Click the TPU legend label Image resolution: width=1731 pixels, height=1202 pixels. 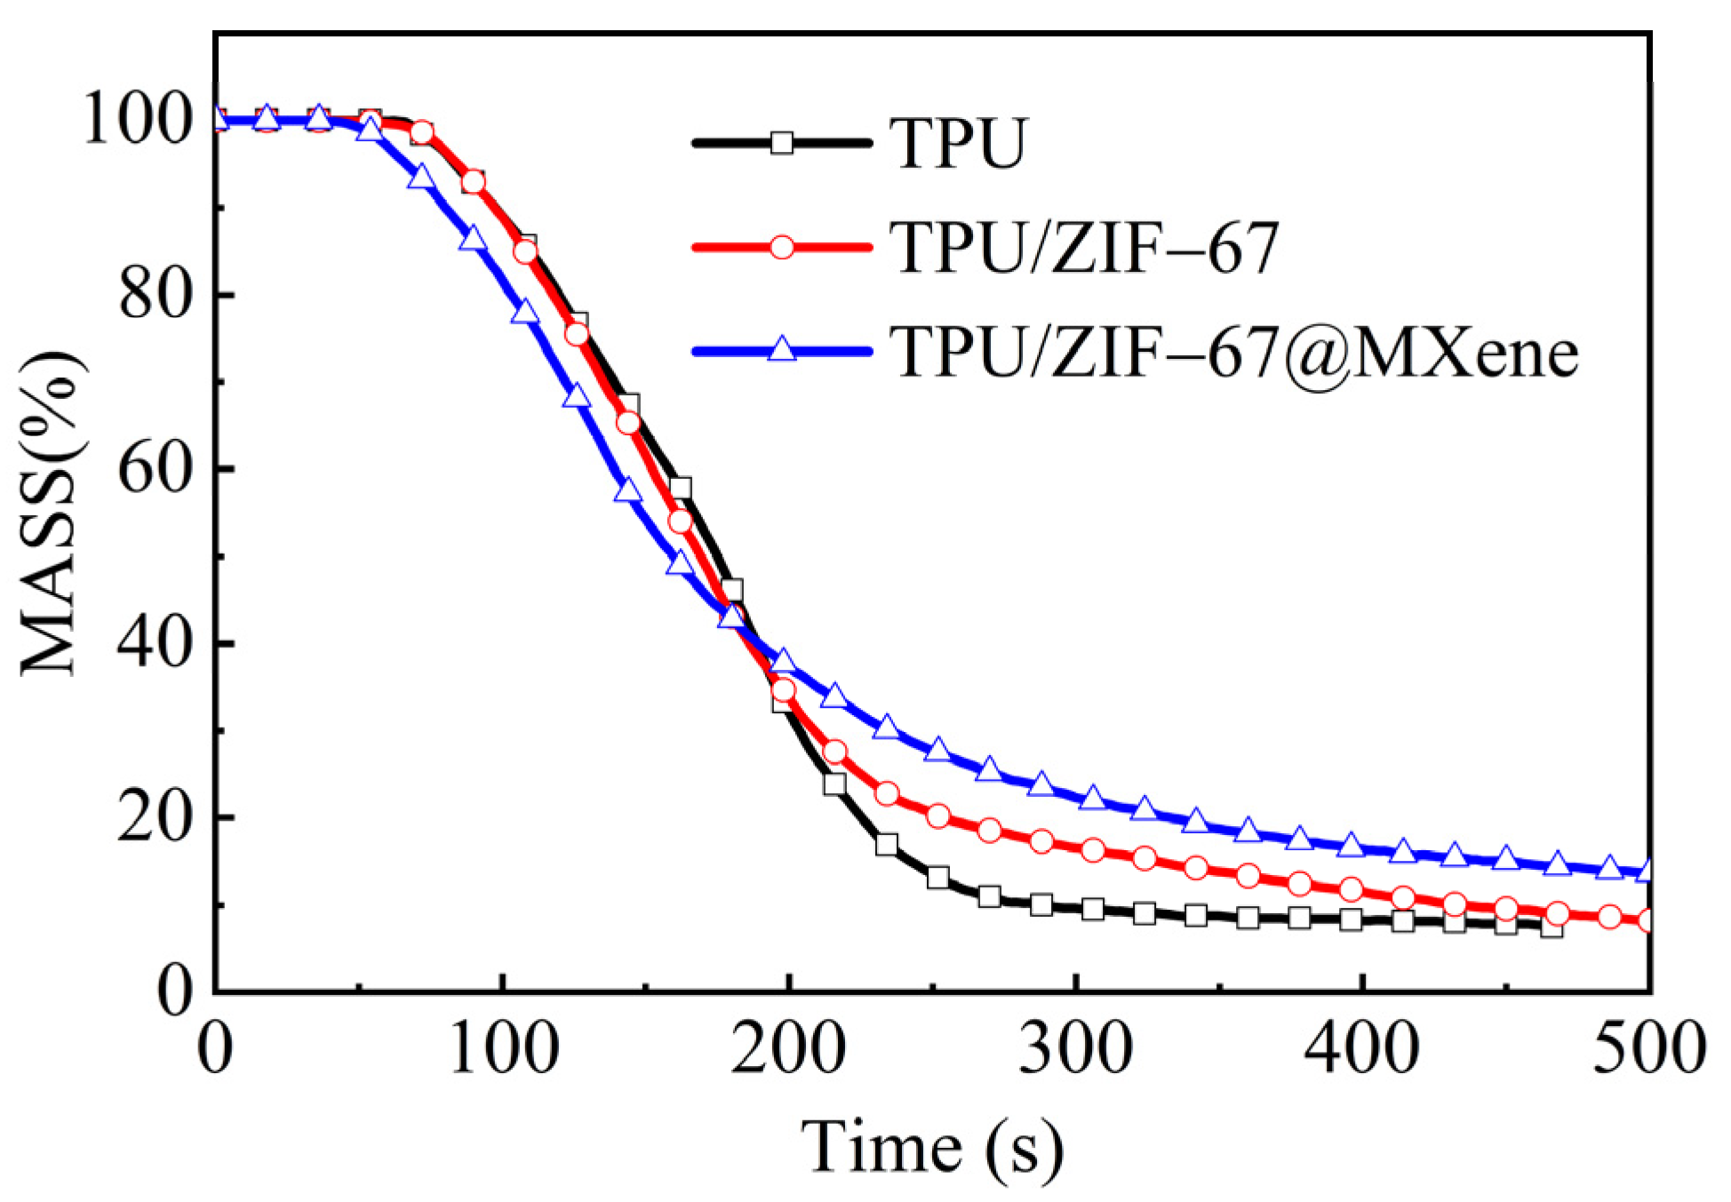958,143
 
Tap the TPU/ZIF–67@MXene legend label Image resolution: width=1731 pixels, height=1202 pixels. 1233,352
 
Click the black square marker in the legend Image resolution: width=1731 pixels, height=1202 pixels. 781,142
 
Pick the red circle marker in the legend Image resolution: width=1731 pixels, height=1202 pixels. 781,247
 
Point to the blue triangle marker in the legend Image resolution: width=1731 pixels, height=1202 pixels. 781,349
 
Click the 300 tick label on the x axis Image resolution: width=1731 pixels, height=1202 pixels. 1075,1048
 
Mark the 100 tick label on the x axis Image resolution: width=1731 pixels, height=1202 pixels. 503,1048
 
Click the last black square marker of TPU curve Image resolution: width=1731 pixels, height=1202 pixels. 1552,927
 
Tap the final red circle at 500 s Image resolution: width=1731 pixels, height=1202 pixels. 1647,920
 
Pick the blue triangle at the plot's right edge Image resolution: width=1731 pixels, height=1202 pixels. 1647,871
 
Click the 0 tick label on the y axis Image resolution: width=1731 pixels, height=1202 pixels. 175,991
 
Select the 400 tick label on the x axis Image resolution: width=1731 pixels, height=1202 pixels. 1361,1048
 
